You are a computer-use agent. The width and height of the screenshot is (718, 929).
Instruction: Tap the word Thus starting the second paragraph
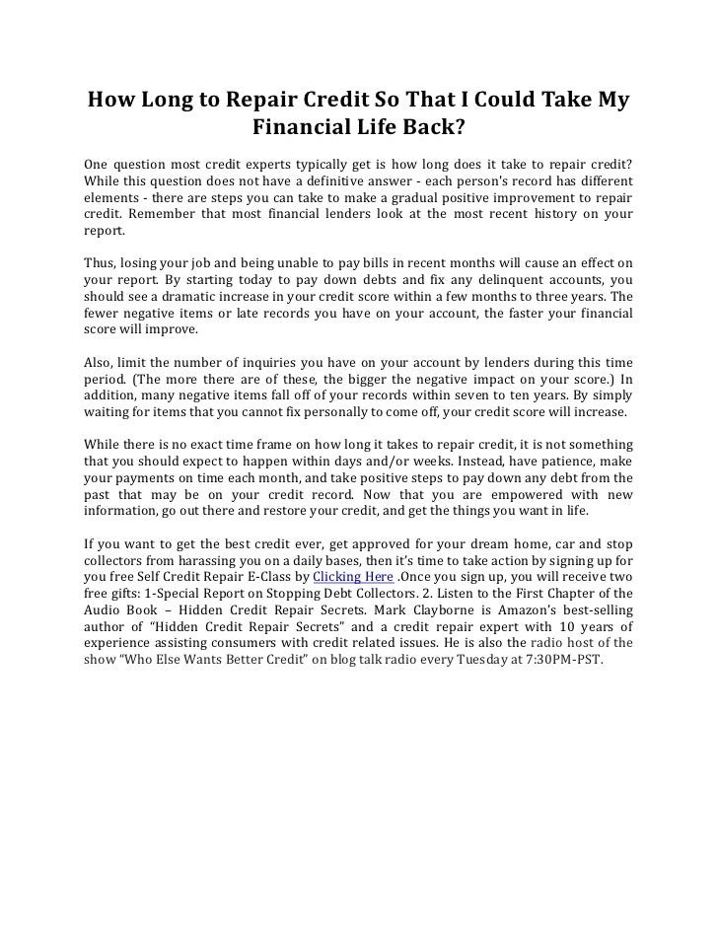click(x=100, y=265)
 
